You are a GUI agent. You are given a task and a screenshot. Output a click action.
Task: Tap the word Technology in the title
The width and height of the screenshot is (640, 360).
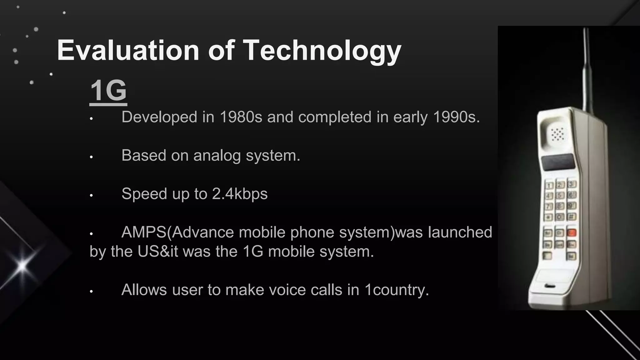tap(322, 51)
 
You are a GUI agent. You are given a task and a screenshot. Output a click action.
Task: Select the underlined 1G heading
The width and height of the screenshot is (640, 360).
tap(108, 91)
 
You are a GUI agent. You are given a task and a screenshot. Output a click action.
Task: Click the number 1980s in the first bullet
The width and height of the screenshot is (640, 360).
tap(241, 117)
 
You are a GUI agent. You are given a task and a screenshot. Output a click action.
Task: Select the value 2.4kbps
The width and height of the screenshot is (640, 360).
tap(240, 194)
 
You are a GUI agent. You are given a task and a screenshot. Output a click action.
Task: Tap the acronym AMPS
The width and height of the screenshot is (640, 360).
tap(144, 232)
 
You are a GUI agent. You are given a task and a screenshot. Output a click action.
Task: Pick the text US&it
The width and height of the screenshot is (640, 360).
tap(158, 252)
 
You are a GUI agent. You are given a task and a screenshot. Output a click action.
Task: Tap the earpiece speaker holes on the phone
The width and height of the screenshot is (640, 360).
tap(557, 134)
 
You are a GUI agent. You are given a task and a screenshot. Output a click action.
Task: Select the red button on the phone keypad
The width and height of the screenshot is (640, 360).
tap(572, 232)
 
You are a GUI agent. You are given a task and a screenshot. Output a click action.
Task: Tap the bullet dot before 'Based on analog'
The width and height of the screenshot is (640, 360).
tap(91, 157)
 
